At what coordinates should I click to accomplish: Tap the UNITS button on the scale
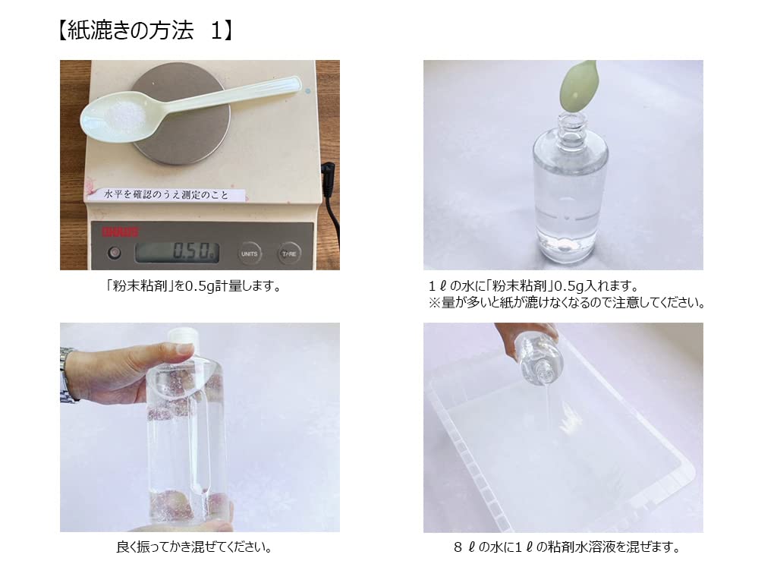249,253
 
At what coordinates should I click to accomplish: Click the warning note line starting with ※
566,302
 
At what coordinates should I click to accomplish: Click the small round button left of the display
115,253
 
